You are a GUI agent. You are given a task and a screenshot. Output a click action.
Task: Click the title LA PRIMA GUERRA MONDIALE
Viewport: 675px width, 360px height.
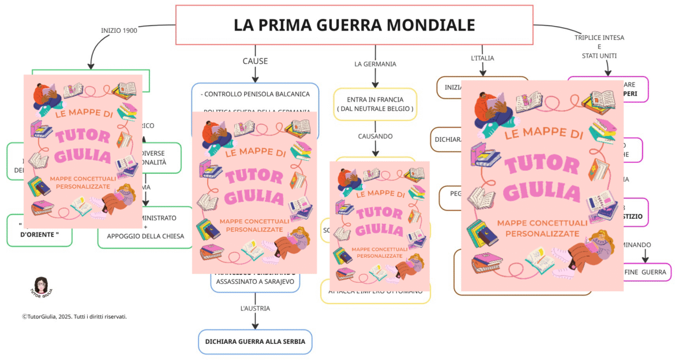coord(354,25)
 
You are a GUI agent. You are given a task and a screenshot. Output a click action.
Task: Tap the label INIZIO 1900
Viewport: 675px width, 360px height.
coord(119,31)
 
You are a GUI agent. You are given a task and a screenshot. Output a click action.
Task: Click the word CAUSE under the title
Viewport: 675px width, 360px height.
coord(255,61)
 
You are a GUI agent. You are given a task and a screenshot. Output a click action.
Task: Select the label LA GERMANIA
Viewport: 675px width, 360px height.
coord(375,64)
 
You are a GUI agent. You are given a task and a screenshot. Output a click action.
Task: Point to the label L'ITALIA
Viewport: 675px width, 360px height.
coord(482,58)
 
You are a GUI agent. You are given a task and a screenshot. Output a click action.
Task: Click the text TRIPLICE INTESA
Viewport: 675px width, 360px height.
coord(599,38)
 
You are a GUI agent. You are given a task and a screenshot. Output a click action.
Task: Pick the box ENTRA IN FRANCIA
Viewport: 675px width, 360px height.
coord(375,104)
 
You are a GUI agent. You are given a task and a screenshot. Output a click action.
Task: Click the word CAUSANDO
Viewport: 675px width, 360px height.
coord(375,137)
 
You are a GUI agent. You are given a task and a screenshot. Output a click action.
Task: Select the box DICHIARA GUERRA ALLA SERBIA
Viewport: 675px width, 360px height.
coord(254,342)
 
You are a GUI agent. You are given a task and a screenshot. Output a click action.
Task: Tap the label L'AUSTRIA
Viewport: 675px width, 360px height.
coord(255,309)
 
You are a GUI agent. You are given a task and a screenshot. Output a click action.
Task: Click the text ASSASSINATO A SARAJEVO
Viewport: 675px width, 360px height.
coord(255,282)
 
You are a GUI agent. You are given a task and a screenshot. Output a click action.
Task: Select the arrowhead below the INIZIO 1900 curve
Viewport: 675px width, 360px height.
coord(91,66)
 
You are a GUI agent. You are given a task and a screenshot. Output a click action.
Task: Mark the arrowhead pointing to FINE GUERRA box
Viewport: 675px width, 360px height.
coord(645,260)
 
